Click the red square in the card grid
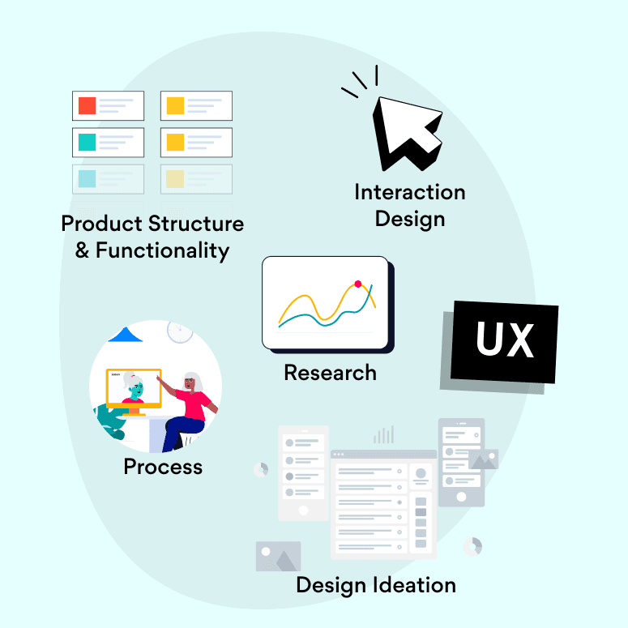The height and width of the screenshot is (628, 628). (x=87, y=105)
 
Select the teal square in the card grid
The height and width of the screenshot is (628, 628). (x=87, y=142)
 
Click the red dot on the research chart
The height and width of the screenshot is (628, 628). (x=358, y=284)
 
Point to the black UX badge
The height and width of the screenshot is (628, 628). (x=504, y=342)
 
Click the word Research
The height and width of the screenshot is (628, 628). (x=331, y=373)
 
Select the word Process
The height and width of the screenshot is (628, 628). (x=163, y=467)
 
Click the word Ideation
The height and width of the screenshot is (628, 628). (x=415, y=585)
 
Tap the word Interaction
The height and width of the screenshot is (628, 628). (x=410, y=192)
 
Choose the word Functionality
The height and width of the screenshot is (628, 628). (x=163, y=250)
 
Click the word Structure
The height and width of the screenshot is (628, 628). (x=196, y=223)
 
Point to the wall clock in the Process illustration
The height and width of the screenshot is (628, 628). (x=180, y=331)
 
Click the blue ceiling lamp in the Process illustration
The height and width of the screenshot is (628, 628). (x=126, y=335)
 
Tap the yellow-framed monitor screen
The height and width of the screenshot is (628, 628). (x=134, y=388)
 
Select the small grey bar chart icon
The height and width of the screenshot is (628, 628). (x=384, y=434)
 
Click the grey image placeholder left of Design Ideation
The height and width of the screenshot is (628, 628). (x=279, y=556)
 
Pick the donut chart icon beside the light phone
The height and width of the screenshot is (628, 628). (x=261, y=469)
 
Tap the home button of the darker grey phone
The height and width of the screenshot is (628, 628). (x=461, y=497)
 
